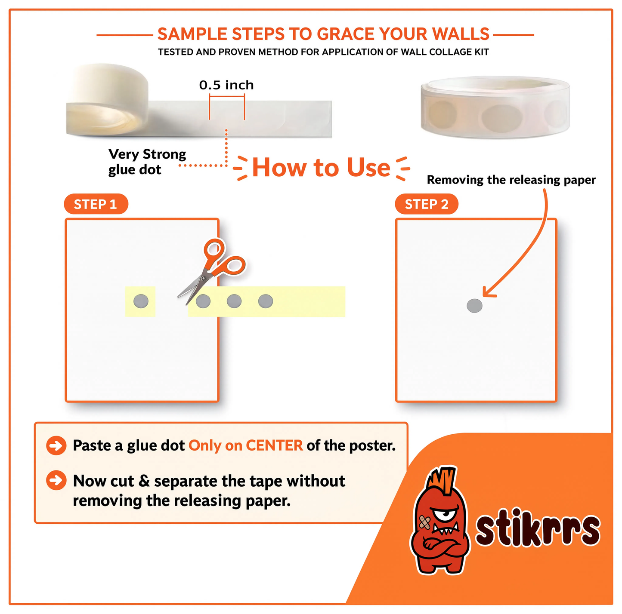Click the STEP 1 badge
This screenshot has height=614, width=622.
pyautogui.click(x=96, y=204)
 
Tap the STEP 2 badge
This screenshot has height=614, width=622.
pyautogui.click(x=427, y=204)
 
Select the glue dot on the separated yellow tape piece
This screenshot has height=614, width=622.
pyautogui.click(x=141, y=301)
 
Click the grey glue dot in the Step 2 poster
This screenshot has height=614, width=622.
pyautogui.click(x=474, y=306)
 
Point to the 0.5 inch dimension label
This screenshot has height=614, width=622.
pyautogui.click(x=226, y=85)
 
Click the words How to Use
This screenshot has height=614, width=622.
pyautogui.click(x=321, y=168)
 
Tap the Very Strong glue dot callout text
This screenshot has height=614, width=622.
pyautogui.click(x=147, y=162)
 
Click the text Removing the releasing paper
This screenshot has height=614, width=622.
pyautogui.click(x=511, y=180)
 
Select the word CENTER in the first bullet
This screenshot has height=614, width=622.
pyautogui.click(x=274, y=445)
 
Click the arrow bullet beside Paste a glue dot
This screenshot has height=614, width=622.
pyautogui.click(x=56, y=445)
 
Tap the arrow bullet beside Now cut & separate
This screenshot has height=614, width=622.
pyautogui.click(x=56, y=480)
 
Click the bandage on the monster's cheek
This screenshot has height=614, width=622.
pyautogui.click(x=424, y=522)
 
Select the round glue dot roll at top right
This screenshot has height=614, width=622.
pyautogui.click(x=495, y=107)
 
